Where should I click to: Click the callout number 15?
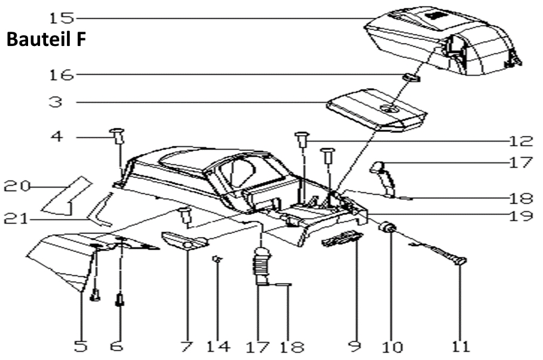coord(63,17)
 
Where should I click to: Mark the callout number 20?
coord(17,187)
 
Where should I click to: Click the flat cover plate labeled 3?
coord(376,109)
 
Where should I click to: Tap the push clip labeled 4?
coord(116,135)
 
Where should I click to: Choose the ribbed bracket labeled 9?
coord(342,239)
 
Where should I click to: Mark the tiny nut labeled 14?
coord(217,259)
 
